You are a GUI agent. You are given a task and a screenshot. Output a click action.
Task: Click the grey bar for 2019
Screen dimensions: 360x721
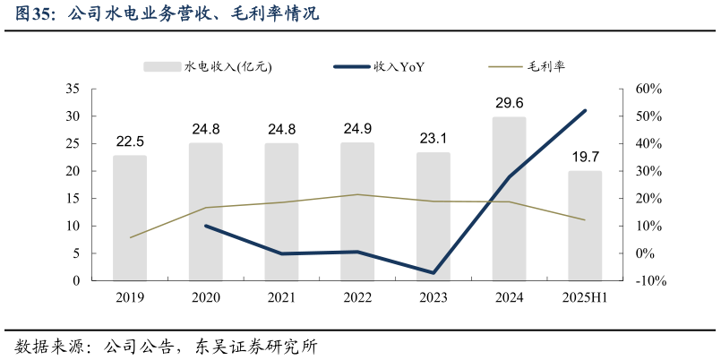(x=130, y=219)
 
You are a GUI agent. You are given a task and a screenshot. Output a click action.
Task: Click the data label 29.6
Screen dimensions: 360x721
(x=509, y=104)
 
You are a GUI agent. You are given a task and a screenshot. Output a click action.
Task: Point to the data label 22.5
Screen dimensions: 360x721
(x=130, y=141)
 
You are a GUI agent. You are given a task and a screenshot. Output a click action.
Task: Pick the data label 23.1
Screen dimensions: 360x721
(x=433, y=139)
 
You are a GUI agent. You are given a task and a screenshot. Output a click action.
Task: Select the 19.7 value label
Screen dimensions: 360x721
(x=585, y=158)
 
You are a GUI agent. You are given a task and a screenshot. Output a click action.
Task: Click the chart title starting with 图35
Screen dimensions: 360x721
(x=166, y=14)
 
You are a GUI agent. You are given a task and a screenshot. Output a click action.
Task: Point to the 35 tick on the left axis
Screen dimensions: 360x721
(x=73, y=90)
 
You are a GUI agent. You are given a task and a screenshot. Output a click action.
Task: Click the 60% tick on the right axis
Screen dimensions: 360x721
(x=648, y=90)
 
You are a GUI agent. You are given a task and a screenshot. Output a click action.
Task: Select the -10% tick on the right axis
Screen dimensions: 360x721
(x=649, y=281)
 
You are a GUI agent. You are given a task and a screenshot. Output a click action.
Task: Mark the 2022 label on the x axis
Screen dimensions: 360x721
(x=357, y=297)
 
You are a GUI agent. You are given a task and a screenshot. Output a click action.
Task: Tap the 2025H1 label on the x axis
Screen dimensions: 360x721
(x=585, y=297)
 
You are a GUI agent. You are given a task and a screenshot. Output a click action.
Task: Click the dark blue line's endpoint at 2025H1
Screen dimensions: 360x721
(x=585, y=111)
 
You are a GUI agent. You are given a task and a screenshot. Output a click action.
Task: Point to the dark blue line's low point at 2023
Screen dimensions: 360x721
(x=433, y=272)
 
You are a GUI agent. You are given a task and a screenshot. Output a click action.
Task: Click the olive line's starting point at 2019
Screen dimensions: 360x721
(x=130, y=237)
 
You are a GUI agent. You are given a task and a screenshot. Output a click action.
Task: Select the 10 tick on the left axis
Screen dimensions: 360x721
(x=73, y=227)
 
